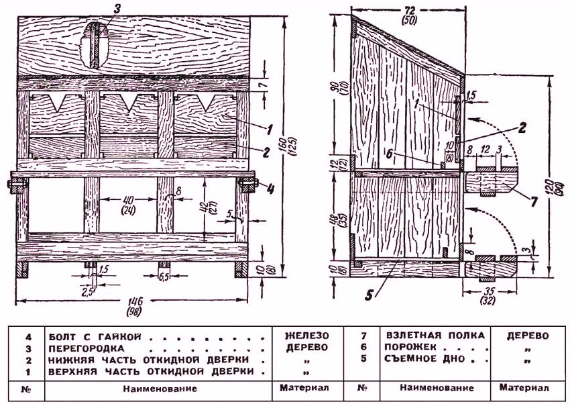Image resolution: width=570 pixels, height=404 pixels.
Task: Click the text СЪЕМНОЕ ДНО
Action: (417, 359)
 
